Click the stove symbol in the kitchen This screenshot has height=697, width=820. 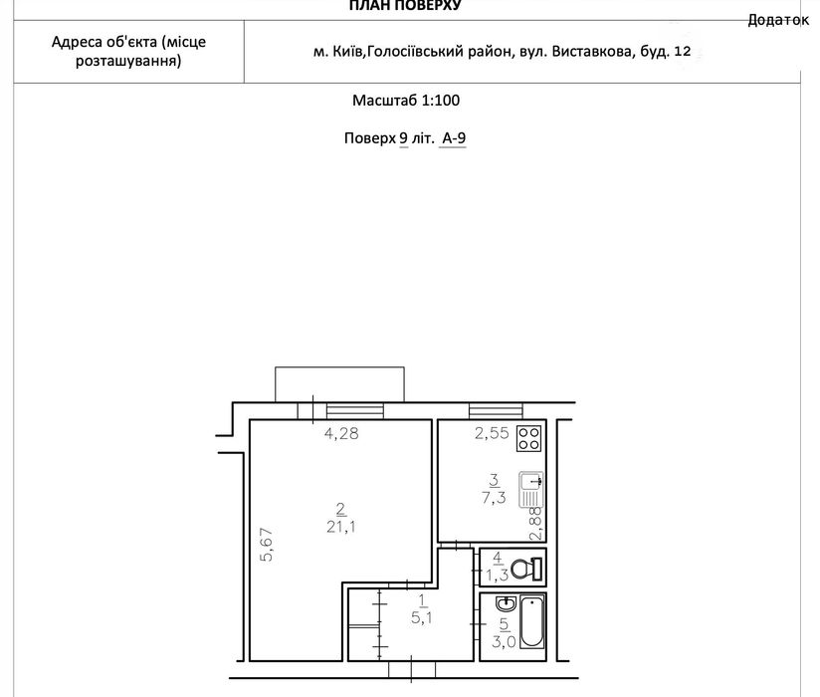[x=528, y=438]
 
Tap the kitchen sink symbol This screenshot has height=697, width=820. [x=530, y=489]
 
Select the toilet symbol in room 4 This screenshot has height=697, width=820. [x=527, y=569]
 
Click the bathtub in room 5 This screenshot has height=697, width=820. [x=531, y=622]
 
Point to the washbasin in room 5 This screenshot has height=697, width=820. [x=506, y=604]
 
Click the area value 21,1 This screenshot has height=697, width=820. [x=341, y=527]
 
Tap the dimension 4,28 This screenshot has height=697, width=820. [x=341, y=433]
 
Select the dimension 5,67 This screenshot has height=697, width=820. [x=267, y=545]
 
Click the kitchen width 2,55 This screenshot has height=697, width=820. [x=492, y=433]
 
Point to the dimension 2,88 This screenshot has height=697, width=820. [x=536, y=524]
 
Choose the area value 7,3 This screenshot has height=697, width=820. [x=494, y=497]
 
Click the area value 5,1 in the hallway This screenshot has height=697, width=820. [x=422, y=618]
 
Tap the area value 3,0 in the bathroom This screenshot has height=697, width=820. [x=504, y=641]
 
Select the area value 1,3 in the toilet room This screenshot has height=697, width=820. [x=498, y=576]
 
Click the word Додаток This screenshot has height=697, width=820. [x=778, y=20]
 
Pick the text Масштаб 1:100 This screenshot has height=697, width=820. [x=406, y=100]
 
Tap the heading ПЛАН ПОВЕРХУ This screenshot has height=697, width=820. [x=405, y=6]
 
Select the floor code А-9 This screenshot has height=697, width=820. [x=454, y=138]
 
